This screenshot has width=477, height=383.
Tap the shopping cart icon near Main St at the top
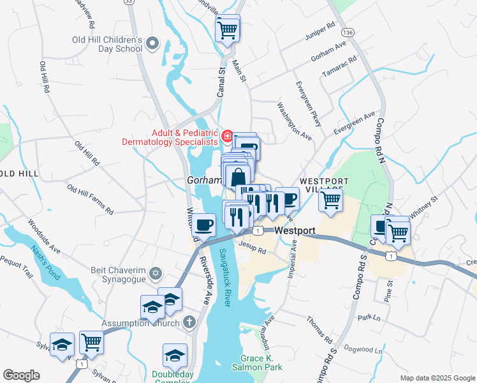pyautogui.click(x=228, y=29)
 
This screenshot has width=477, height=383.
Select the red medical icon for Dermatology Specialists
pyautogui.click(x=226, y=135)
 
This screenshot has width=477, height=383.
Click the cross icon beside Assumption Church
pyautogui.click(x=189, y=322)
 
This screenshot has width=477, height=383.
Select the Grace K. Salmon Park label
pyautogui.click(x=261, y=363)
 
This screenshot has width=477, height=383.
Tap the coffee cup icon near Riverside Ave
pyautogui.click(x=204, y=225)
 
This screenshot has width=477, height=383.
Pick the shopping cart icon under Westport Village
pyautogui.click(x=331, y=200)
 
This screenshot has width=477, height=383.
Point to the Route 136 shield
pyautogui.click(x=348, y=32)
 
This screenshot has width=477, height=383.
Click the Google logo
pyautogui.click(x=22, y=375)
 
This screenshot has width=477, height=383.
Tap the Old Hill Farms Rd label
pyautogui.click(x=90, y=199)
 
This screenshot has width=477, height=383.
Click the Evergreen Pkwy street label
pyautogui.click(x=307, y=103)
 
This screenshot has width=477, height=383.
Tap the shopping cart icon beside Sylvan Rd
pyautogui.click(x=91, y=343)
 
